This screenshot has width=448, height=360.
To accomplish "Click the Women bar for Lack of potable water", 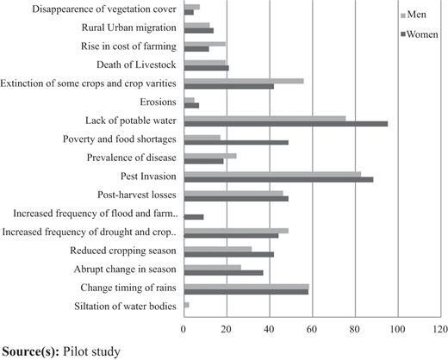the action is [x=286, y=124].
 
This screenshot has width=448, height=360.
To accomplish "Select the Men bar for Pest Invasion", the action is [x=272, y=174].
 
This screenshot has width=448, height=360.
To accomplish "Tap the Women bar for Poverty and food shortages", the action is [x=236, y=142].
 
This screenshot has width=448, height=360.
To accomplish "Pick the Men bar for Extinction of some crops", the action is [x=244, y=81].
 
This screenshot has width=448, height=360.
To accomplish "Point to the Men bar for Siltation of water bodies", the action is [x=187, y=305].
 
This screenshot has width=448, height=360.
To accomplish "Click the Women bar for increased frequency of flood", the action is [x=194, y=217].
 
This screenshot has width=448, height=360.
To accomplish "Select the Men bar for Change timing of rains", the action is [x=246, y=287].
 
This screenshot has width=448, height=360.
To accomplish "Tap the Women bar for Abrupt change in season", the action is [x=224, y=273].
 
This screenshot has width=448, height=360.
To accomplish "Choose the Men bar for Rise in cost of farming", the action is [x=205, y=44].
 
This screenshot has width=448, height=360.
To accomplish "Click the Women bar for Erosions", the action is [x=191, y=105].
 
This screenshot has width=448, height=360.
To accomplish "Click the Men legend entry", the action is [x=414, y=15].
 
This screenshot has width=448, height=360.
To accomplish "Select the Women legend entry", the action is [x=420, y=34].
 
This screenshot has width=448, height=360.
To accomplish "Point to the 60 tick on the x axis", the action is [x=312, y=329].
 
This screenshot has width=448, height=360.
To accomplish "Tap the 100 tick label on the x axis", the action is [x=398, y=329].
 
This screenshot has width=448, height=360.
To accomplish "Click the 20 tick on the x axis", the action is [x=227, y=329].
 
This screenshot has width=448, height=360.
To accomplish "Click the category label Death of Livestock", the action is [x=136, y=65].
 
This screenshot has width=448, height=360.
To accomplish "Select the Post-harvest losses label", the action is [x=137, y=195].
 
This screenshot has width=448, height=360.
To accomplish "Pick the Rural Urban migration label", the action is [x=129, y=28].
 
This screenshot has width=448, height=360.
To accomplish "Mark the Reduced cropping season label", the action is [x=123, y=251].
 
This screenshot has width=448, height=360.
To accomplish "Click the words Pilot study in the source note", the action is [x=91, y=351].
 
